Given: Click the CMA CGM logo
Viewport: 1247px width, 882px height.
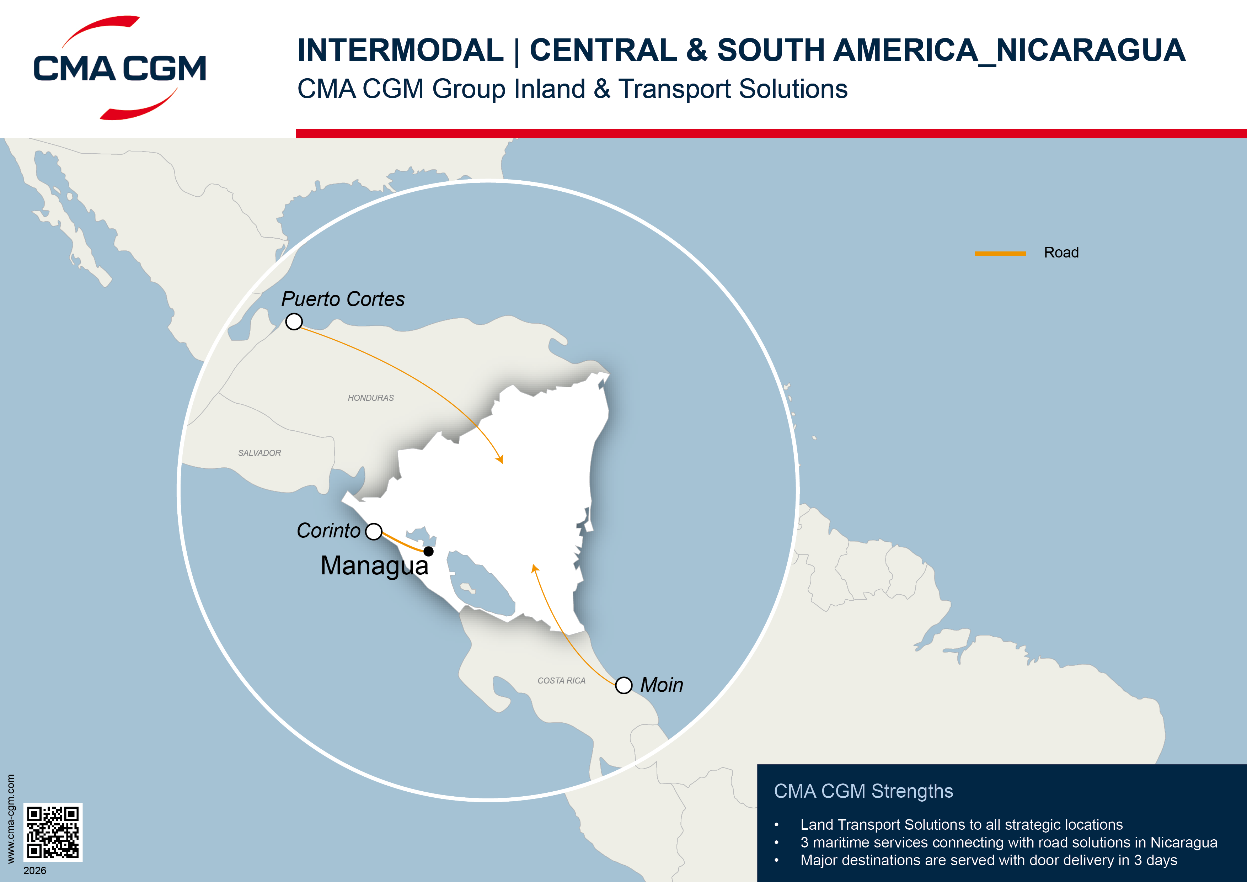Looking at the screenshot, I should (119, 68).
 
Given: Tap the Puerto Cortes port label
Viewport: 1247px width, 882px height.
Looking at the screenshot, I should (343, 299).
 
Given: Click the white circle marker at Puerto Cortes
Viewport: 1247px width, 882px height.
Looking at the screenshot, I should (294, 322).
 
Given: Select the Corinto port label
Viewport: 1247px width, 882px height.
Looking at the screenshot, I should (328, 530).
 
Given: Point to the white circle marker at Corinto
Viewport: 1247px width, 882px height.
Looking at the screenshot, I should (374, 531).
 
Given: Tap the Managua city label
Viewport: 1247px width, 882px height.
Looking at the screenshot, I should (374, 566).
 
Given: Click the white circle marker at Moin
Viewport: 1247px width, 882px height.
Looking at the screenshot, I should (623, 685).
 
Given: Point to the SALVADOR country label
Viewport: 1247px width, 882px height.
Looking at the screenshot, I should (259, 453).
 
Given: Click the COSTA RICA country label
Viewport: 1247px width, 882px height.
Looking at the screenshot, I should (561, 680).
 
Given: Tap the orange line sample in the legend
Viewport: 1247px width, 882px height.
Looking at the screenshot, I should (1000, 253).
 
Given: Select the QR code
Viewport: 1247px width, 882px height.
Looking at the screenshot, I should (53, 832).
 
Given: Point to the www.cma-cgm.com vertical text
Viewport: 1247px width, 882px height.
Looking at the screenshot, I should (10, 819).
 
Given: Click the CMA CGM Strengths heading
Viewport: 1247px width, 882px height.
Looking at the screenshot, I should (863, 791).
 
